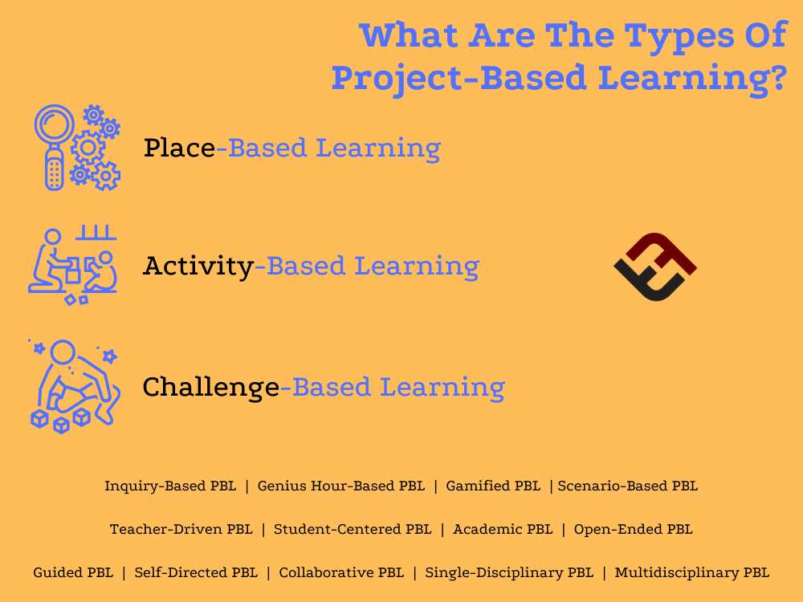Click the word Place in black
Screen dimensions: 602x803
179,148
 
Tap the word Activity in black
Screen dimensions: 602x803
198,266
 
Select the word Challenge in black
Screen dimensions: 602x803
210,388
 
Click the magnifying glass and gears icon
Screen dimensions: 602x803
76,148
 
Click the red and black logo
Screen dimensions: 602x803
654,267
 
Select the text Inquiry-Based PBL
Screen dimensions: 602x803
169,486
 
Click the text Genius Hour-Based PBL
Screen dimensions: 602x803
340,486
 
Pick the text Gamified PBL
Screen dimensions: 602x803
493,486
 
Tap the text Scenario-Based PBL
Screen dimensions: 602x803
628,486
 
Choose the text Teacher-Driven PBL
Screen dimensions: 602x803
181,530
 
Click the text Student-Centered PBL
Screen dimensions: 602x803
353,530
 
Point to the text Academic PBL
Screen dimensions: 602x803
503,530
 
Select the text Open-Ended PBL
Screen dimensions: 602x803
633,530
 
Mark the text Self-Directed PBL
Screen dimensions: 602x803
196,573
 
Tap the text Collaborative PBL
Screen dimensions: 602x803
341,573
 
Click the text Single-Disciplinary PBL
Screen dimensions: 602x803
509,573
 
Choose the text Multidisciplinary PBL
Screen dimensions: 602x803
691,573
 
